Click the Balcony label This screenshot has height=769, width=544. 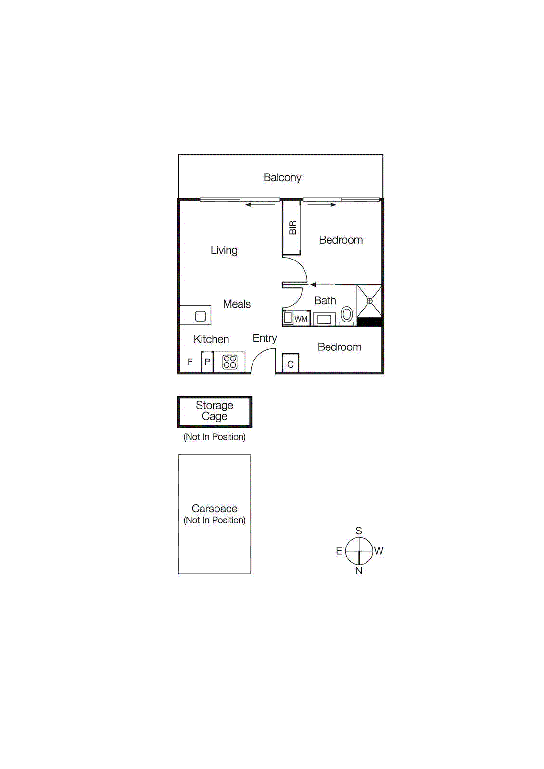pyautogui.click(x=282, y=177)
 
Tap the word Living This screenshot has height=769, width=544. pyautogui.click(x=224, y=250)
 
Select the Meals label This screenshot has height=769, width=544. pyautogui.click(x=237, y=304)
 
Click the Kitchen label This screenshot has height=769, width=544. pyautogui.click(x=211, y=339)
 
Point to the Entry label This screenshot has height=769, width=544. pyautogui.click(x=265, y=338)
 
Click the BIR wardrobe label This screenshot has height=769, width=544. pyautogui.click(x=292, y=227)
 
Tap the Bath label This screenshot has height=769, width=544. pyautogui.click(x=325, y=301)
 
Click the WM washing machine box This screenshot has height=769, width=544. pyautogui.click(x=301, y=319)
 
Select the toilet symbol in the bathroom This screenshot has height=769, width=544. pyautogui.click(x=346, y=315)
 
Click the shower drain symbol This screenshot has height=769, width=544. pyautogui.click(x=370, y=301)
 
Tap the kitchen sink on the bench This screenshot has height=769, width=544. pyautogui.click(x=201, y=316)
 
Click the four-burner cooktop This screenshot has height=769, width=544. pyautogui.click(x=230, y=361)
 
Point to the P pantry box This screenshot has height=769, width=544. pyautogui.click(x=207, y=362)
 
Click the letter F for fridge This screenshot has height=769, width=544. pyautogui.click(x=190, y=362)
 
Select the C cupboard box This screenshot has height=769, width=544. pyautogui.click(x=291, y=364)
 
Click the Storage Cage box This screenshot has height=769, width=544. pyautogui.click(x=215, y=411)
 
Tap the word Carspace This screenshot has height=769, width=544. pyautogui.click(x=215, y=509)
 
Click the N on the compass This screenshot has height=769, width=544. pyautogui.click(x=359, y=571)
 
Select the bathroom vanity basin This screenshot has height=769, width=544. pyautogui.click(x=324, y=319)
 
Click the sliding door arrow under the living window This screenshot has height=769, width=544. pyautogui.click(x=260, y=205)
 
